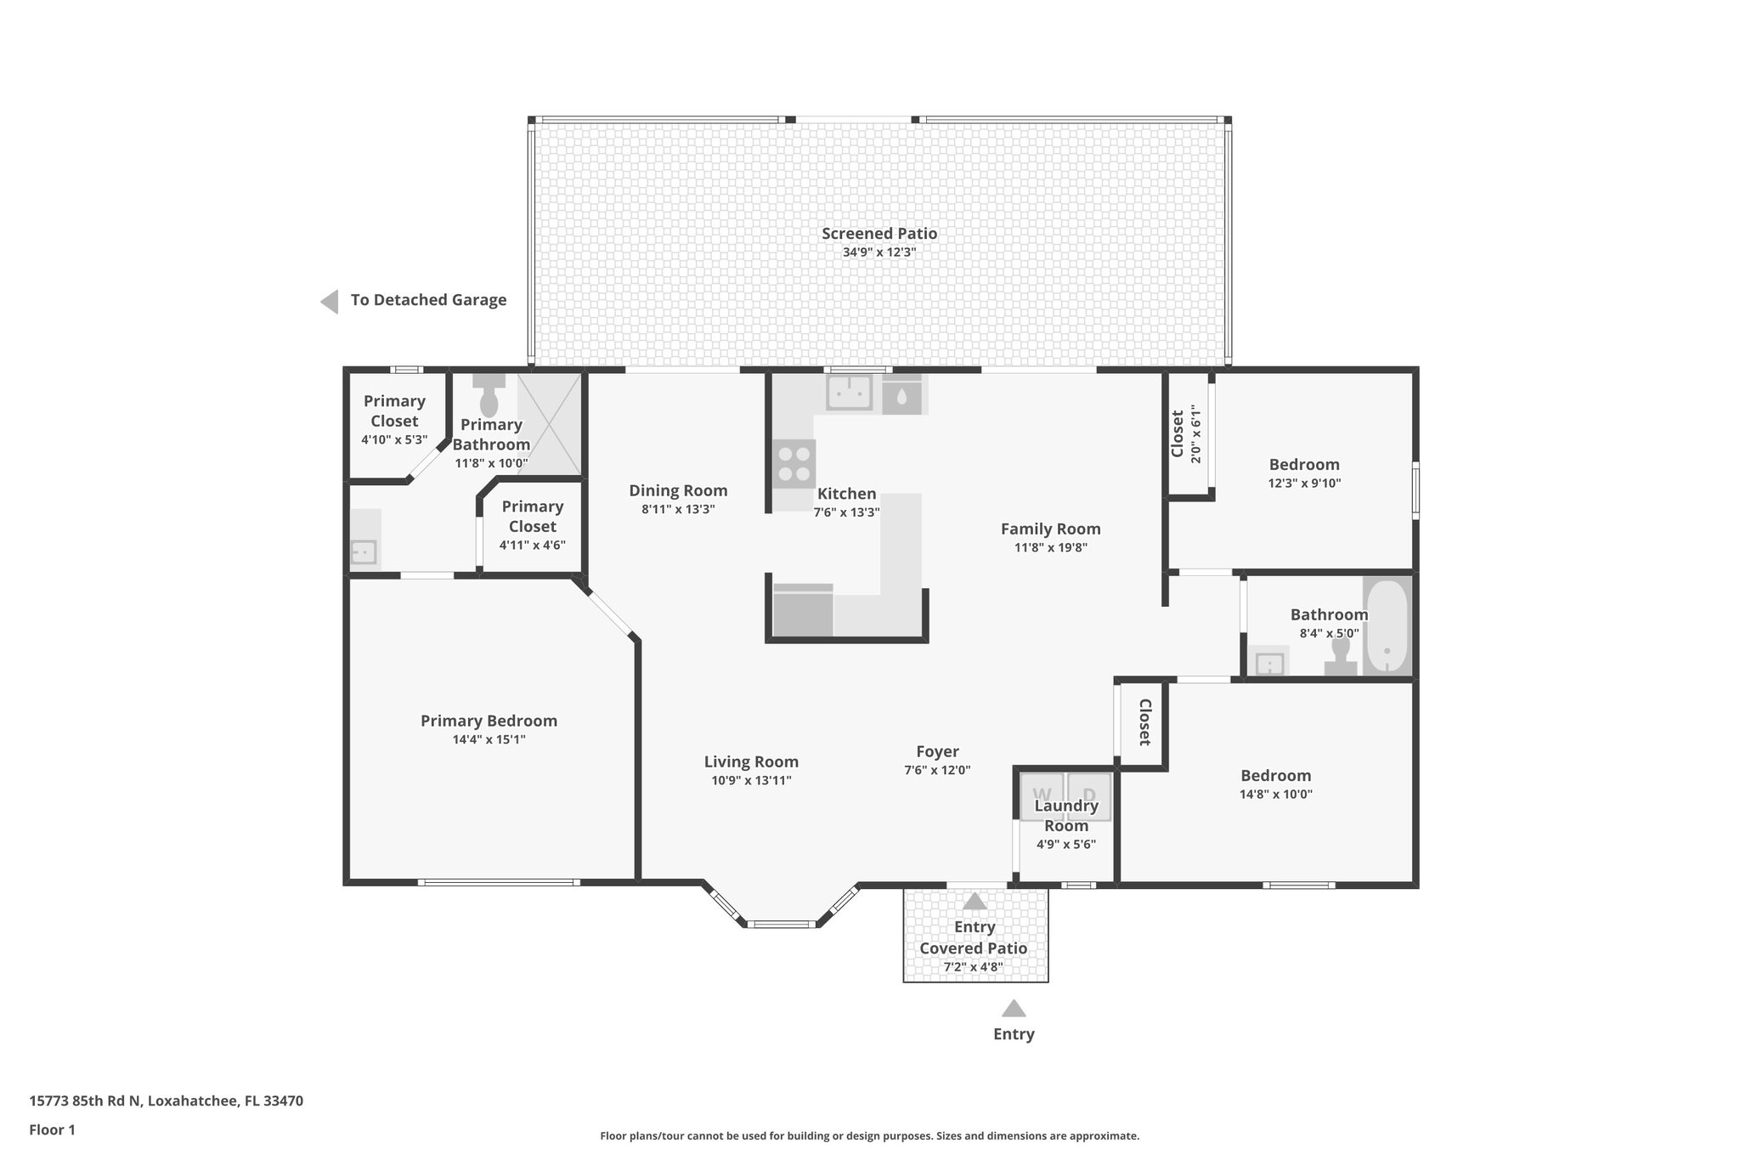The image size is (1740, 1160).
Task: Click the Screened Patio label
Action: coord(879,234)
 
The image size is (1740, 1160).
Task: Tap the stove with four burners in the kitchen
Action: coord(794,464)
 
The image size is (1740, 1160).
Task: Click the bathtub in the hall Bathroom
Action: coord(1387,626)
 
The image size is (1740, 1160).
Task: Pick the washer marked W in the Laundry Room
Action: coord(1042,797)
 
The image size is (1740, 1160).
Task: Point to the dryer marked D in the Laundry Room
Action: coord(1089,797)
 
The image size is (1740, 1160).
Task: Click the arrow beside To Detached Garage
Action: coord(330,301)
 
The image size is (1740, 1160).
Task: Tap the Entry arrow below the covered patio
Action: coord(1014,1009)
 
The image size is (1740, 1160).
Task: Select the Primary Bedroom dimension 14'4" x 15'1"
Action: coord(489,740)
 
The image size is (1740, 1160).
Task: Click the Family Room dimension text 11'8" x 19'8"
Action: coord(1050,548)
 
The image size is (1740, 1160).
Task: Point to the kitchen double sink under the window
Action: coord(850,393)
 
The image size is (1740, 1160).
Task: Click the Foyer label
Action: coord(937,752)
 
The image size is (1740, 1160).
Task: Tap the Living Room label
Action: coord(751,762)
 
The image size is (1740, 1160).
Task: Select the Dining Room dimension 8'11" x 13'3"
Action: coord(678,510)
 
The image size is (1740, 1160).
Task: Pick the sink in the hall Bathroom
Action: coord(1269,663)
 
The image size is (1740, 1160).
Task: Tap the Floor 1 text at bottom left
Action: coord(53,1130)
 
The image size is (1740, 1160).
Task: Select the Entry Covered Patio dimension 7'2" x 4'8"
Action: coord(973,967)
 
